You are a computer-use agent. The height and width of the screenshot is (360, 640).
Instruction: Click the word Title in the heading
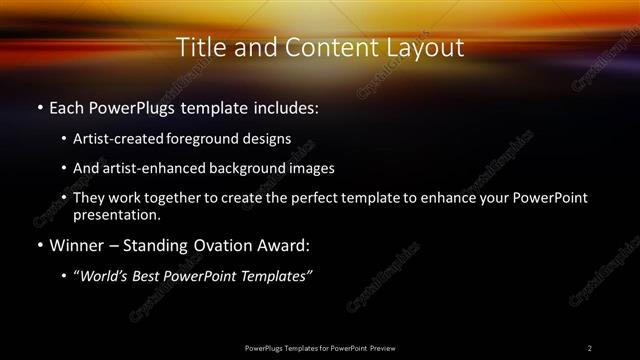tap(197, 47)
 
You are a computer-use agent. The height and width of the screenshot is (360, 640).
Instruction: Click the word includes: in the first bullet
tap(283, 105)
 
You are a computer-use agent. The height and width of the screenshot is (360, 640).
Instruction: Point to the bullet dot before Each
tap(39, 105)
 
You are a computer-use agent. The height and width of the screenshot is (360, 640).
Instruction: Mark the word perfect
tap(312, 198)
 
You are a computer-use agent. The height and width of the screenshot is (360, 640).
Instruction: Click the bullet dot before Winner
tap(39, 245)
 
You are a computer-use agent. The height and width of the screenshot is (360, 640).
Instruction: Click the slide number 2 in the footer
tap(590, 348)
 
